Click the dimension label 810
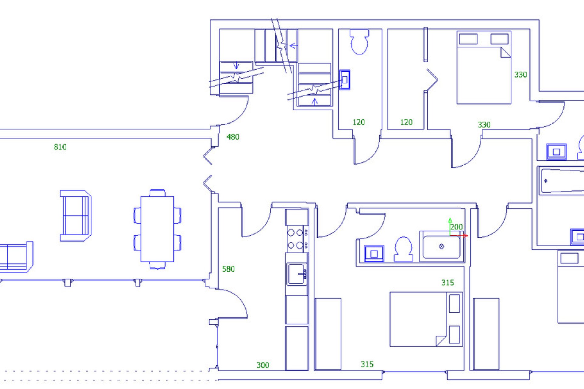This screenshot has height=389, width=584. click(x=60, y=147)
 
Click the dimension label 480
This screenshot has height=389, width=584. click(x=233, y=137)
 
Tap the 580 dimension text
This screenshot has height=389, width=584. click(x=228, y=269)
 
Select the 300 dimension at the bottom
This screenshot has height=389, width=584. click(x=262, y=365)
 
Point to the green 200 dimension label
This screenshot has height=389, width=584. click(x=456, y=227)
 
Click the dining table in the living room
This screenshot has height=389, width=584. click(x=157, y=229)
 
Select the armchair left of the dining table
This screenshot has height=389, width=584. click(x=75, y=216)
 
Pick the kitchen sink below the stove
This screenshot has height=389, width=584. click(x=296, y=274)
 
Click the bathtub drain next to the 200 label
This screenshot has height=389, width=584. click(x=442, y=246)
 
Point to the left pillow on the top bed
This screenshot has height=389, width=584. click(x=468, y=39)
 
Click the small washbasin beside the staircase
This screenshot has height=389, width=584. click(x=345, y=80)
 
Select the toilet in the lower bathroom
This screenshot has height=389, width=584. click(x=403, y=249)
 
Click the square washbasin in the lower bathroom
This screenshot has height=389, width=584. click(x=374, y=254)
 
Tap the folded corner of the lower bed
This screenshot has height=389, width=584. click(x=440, y=341)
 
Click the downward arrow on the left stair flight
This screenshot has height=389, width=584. click(x=236, y=66)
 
